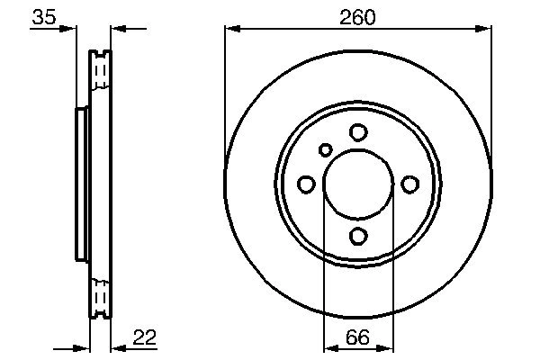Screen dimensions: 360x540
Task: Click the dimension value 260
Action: click(x=357, y=16)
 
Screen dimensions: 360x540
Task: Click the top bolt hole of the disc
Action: click(x=358, y=132)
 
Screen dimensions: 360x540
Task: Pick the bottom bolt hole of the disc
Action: click(x=358, y=236)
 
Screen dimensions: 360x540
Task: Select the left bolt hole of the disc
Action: click(x=306, y=184)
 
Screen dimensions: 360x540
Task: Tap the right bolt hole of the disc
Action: click(x=409, y=184)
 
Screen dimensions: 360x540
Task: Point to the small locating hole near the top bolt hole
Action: click(x=326, y=149)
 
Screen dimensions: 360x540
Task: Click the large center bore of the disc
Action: click(x=358, y=184)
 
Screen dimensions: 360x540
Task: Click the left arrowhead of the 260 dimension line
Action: click(x=230, y=30)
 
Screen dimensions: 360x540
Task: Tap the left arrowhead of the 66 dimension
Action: click(x=328, y=348)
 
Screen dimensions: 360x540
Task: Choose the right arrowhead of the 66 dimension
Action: click(x=388, y=348)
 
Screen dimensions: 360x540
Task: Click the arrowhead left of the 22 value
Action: click(x=117, y=348)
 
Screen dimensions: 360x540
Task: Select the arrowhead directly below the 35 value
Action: click(x=71, y=30)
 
